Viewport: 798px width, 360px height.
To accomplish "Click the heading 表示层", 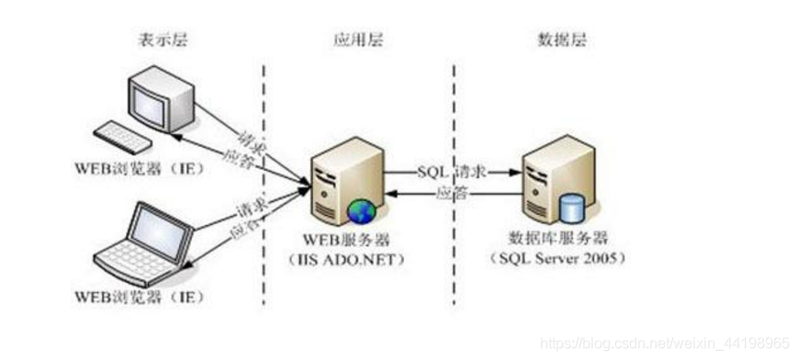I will [158, 40].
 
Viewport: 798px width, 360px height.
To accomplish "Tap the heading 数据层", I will [559, 40].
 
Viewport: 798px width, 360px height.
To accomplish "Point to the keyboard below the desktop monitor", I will [122, 138].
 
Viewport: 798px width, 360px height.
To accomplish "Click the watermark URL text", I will [665, 342].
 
